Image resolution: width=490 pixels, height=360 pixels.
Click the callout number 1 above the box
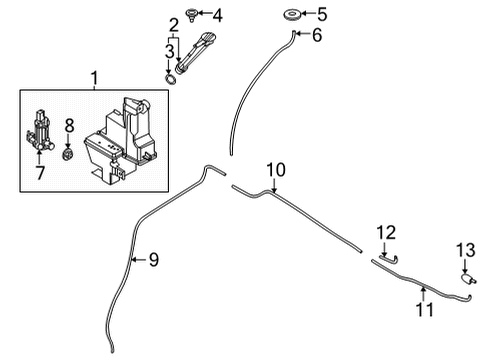click(96, 76)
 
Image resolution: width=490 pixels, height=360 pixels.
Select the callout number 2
click(173, 24)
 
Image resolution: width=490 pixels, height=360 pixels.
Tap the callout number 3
click(169, 50)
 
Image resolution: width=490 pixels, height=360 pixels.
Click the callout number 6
click(317, 36)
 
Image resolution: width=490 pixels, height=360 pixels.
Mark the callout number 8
click(69, 125)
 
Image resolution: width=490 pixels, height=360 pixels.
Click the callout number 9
click(153, 261)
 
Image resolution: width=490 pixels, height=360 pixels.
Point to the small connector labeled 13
click(467, 282)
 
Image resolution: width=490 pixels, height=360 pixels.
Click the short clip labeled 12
click(387, 257)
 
